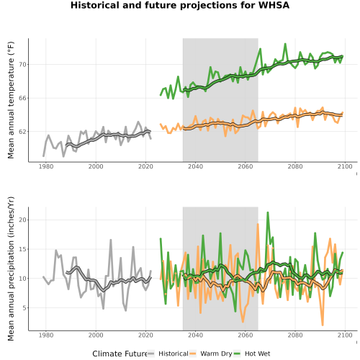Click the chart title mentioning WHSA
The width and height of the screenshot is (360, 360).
180,5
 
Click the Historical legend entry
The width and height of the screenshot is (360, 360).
168,354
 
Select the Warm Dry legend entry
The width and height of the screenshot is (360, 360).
211,354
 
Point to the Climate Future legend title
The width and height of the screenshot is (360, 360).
120,354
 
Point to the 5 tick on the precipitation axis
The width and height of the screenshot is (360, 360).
24,307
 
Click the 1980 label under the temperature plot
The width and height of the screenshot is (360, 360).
46,166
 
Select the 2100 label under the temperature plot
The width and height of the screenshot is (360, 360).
345,166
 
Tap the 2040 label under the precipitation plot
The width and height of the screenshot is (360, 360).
195,335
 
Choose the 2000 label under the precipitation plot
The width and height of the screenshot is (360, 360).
96,335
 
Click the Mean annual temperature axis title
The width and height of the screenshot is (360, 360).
11,100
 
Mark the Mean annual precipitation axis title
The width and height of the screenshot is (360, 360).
11,269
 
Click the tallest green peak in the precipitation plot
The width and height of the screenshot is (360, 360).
268,212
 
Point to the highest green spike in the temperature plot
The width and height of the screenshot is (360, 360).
285,44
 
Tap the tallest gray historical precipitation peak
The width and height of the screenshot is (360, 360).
111,240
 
